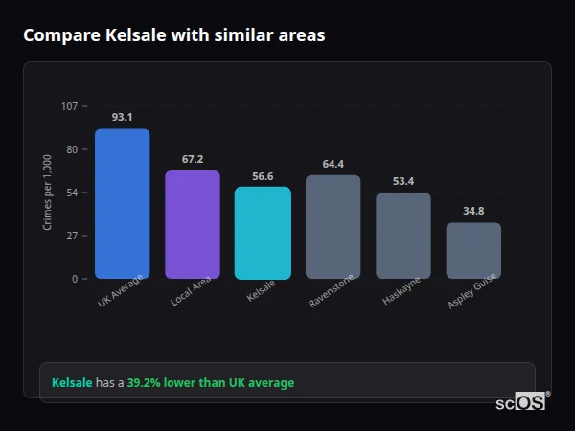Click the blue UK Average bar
(122, 204)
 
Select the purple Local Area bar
(193, 225)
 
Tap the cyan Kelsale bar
(263, 233)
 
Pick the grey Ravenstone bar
(333, 227)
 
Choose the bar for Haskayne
(403, 236)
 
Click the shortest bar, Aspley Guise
(473, 251)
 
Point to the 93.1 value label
(122, 117)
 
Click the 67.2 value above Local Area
(193, 159)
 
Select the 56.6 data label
(263, 175)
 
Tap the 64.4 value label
(333, 164)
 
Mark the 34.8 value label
(473, 211)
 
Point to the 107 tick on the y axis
(69, 106)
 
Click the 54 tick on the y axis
(72, 193)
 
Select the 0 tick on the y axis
(74, 279)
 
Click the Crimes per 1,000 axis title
(48, 192)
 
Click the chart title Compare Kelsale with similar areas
(173, 35)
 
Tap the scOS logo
(520, 402)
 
